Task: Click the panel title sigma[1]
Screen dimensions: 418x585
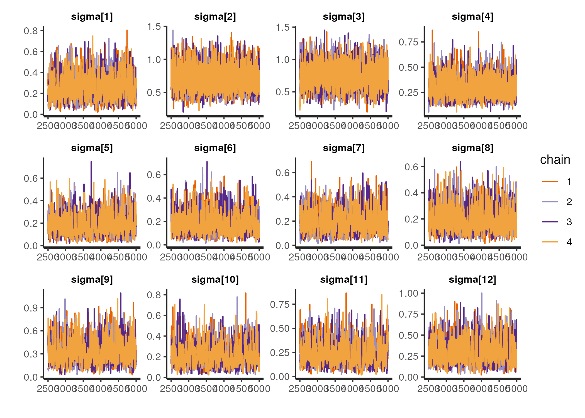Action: click(x=92, y=17)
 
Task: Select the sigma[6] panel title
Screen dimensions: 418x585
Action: click(x=215, y=148)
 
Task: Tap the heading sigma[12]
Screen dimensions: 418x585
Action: click(x=472, y=280)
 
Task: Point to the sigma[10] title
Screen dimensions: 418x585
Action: click(x=215, y=280)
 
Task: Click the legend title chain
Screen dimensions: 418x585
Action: click(x=555, y=160)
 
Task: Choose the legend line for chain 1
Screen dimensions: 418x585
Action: click(x=550, y=182)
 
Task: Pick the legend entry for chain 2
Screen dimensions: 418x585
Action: click(x=550, y=202)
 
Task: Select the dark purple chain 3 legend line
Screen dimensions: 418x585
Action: click(x=550, y=222)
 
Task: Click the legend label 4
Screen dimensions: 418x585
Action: click(x=569, y=242)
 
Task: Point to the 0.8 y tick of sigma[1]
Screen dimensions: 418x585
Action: click(x=31, y=31)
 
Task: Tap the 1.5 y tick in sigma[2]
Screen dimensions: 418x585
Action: click(x=154, y=27)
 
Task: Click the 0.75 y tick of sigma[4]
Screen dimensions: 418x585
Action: click(x=408, y=42)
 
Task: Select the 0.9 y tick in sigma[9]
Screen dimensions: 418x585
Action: click(x=31, y=308)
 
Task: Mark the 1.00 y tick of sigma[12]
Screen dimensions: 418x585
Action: click(x=408, y=293)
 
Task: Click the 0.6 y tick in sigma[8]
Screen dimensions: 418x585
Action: click(x=411, y=167)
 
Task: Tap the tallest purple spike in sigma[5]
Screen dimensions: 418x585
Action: click(x=91, y=162)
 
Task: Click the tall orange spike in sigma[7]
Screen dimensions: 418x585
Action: click(x=311, y=162)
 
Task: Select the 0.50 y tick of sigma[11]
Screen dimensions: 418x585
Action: click(x=280, y=328)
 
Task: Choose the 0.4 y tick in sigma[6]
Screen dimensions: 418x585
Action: click(x=154, y=198)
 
